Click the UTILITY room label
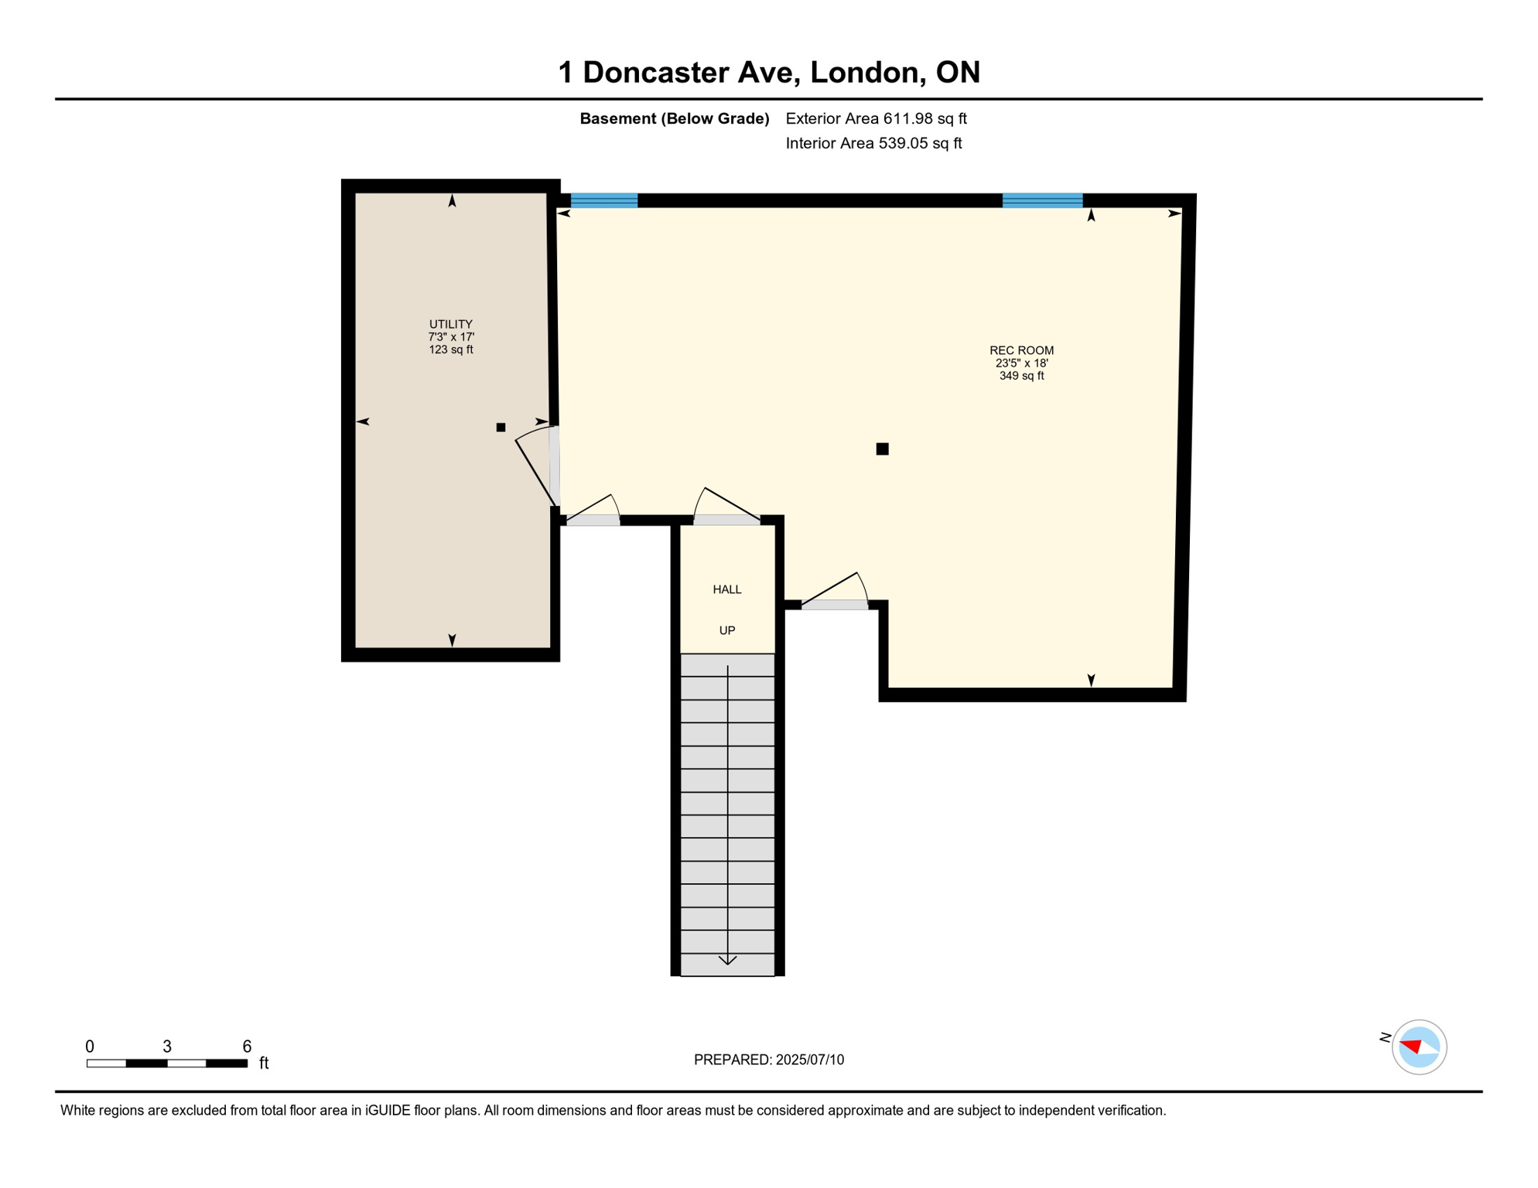click(451, 324)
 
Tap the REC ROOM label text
click(1021, 350)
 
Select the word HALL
click(726, 589)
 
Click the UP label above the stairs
click(726, 630)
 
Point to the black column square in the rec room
click(882, 449)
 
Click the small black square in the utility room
click(501, 427)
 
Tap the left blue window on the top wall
click(603, 200)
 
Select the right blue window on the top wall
click(1042, 200)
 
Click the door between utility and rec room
click(554, 466)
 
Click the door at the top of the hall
click(726, 520)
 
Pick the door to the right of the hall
click(834, 604)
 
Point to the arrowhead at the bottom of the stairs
click(727, 961)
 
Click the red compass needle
click(1411, 1046)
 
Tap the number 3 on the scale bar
click(167, 1046)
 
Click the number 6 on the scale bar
click(247, 1046)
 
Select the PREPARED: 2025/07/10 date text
click(768, 1060)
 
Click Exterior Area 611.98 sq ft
click(876, 118)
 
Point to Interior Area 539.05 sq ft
click(873, 143)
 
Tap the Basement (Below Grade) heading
click(674, 118)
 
